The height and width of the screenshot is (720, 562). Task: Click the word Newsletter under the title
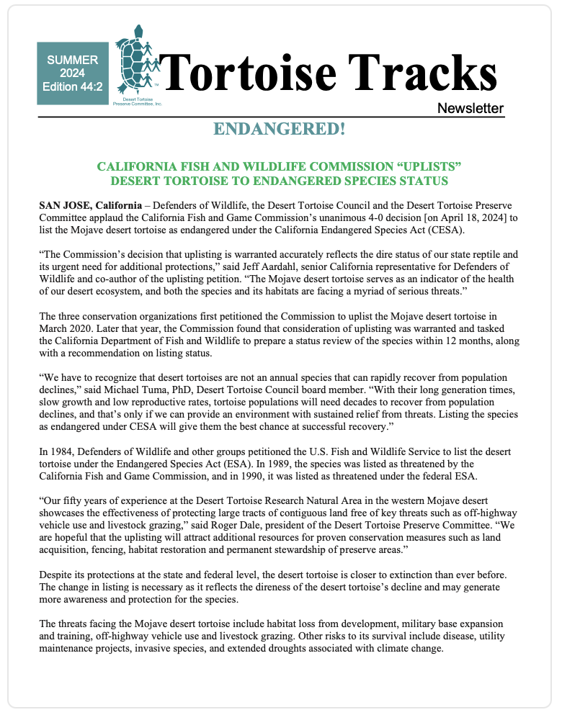coord(470,109)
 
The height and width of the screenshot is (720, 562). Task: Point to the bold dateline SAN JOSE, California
coord(90,205)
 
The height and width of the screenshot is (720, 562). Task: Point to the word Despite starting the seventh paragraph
coord(57,575)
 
